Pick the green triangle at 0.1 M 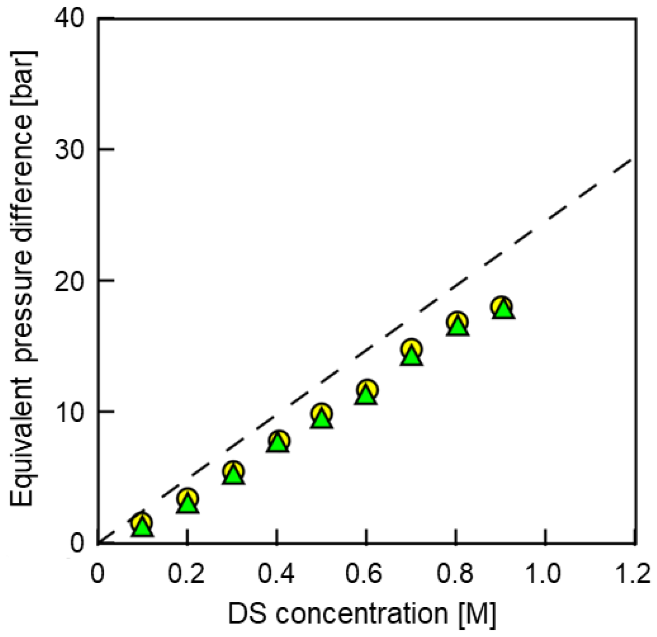coord(142,528)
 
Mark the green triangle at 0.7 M coord(411,356)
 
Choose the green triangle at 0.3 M coord(233,476)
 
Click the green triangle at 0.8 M coord(458,327)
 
